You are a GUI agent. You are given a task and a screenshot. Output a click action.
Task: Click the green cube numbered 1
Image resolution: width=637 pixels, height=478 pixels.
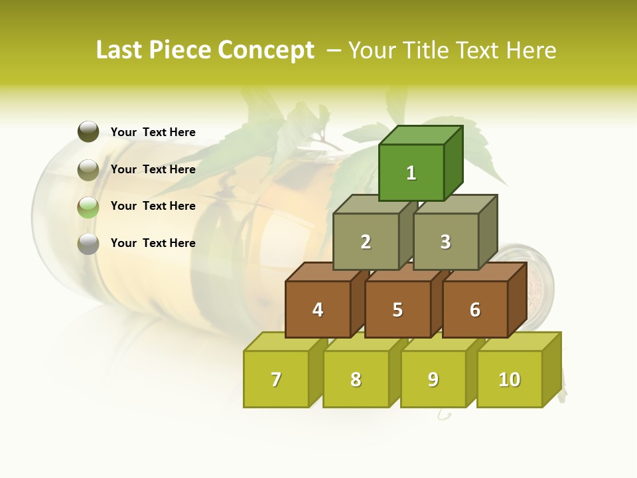411,173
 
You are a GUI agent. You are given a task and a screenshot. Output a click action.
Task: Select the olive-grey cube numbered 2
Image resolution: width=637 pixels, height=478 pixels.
366,242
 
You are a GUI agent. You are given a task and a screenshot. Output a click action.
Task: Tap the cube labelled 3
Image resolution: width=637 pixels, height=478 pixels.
445,242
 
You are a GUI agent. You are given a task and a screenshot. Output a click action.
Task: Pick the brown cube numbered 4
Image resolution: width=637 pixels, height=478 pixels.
318,309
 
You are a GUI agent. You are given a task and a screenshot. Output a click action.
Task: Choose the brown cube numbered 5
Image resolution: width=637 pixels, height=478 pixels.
397,309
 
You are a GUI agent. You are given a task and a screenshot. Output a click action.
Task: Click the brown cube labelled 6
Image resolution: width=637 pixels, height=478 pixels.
475,309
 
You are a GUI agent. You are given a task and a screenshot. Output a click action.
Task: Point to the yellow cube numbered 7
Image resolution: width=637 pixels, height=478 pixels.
276,379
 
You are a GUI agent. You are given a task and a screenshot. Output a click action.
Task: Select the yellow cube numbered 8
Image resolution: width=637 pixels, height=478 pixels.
356,379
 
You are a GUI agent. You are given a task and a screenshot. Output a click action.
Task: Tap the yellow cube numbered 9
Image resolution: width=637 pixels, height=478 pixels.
433,379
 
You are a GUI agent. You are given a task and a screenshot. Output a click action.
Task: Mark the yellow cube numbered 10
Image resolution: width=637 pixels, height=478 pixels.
509,379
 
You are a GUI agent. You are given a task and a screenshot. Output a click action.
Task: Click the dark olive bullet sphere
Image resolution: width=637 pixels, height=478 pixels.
88,132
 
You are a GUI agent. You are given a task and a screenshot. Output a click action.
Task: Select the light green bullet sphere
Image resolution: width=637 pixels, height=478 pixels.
88,207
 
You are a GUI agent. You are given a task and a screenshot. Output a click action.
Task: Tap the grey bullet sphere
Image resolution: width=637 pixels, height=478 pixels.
88,244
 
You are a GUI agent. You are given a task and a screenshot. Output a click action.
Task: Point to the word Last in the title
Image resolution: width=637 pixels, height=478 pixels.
119,50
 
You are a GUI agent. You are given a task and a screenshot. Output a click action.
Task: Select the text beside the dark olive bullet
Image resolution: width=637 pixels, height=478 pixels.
153,132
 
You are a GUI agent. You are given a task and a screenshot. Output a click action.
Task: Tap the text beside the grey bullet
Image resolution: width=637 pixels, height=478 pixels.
153,243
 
